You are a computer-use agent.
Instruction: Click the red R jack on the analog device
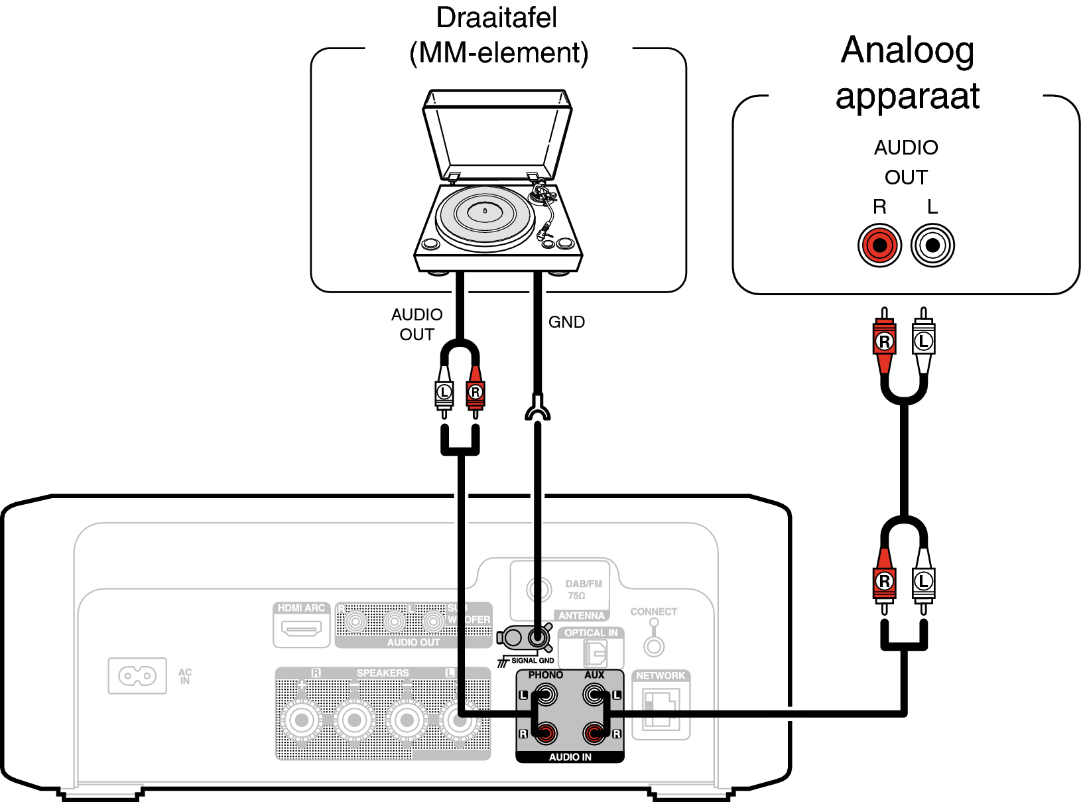pos(879,245)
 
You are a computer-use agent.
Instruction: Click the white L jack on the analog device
pos(932,245)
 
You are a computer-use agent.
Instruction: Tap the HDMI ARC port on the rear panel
pos(301,628)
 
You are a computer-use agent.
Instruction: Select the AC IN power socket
pos(137,676)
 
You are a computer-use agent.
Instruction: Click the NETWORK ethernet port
pos(661,708)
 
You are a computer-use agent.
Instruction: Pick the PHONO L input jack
pos(546,695)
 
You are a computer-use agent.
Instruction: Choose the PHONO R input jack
pos(546,733)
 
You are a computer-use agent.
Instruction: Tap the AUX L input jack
pos(594,695)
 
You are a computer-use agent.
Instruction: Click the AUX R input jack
pos(594,733)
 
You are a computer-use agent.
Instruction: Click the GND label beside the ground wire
pos(566,322)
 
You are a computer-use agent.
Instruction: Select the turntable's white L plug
pos(444,393)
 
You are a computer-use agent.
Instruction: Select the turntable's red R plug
pos(475,393)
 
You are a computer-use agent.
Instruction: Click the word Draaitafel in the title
pos(496,18)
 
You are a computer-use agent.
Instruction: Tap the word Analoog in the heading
pos(907,50)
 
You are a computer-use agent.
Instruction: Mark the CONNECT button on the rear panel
pos(654,645)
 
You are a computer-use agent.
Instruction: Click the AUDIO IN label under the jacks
pos(570,757)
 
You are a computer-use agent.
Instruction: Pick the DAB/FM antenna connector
pos(539,589)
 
